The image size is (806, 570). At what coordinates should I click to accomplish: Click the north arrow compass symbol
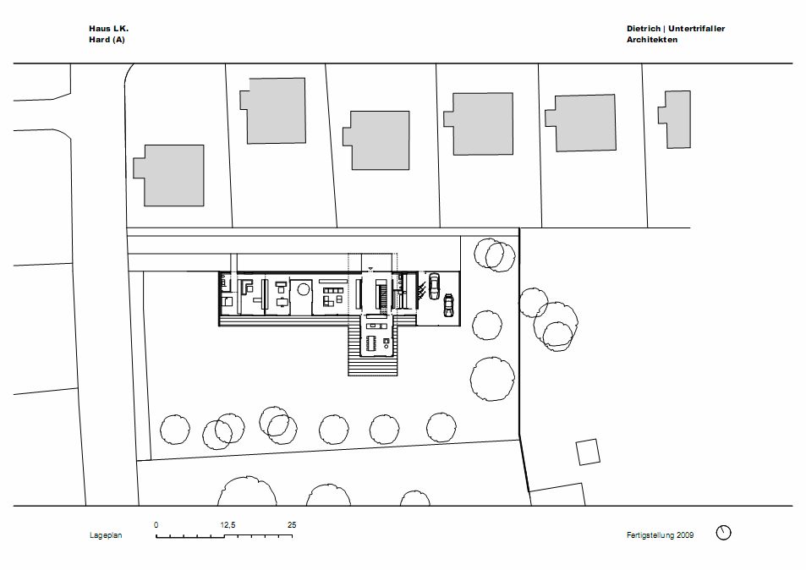pyautogui.click(x=723, y=533)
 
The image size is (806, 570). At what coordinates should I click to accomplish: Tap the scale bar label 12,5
pyautogui.click(x=228, y=525)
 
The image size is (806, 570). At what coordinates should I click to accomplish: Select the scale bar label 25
pyautogui.click(x=292, y=525)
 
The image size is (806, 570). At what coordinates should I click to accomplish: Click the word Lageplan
pyautogui.click(x=106, y=535)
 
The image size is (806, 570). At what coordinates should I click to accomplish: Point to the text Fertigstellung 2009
pyautogui.click(x=660, y=535)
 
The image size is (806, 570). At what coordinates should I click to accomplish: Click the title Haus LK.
pyautogui.click(x=109, y=29)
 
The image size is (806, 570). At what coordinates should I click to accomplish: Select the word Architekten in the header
pyautogui.click(x=652, y=40)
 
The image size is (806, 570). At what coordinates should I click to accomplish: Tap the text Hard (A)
pyautogui.click(x=107, y=40)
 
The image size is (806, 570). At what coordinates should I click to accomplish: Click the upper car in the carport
pyautogui.click(x=435, y=287)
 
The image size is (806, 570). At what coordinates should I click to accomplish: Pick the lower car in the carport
pyautogui.click(x=449, y=305)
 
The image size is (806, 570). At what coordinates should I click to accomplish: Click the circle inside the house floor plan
pyautogui.click(x=303, y=289)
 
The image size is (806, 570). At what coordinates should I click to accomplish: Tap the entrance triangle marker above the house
pyautogui.click(x=371, y=268)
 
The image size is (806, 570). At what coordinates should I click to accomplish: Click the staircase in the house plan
pyautogui.click(x=381, y=294)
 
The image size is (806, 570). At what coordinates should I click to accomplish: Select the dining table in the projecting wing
pyautogui.click(x=372, y=343)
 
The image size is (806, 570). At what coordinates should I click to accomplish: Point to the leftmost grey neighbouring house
pyautogui.click(x=170, y=175)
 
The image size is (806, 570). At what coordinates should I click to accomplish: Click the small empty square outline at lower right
pyautogui.click(x=588, y=452)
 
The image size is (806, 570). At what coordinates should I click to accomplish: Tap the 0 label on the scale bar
pyautogui.click(x=156, y=525)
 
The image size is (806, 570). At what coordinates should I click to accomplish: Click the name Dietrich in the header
pyautogui.click(x=643, y=29)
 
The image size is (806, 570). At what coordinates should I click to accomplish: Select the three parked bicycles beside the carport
pyautogui.click(x=420, y=290)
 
